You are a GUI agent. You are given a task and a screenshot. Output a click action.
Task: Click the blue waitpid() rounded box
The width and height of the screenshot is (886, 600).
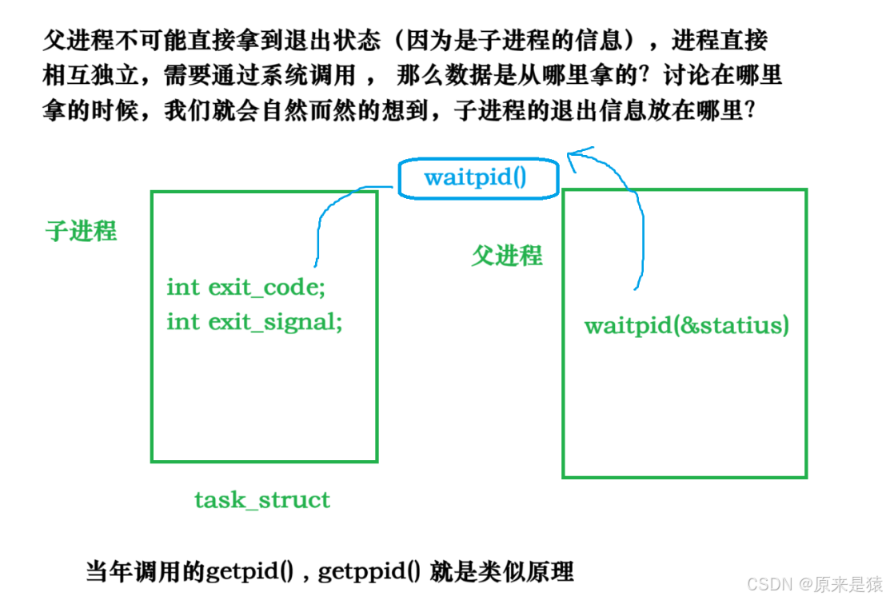[477, 177]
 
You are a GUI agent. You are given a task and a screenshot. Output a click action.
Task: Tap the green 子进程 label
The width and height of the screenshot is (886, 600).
[81, 232]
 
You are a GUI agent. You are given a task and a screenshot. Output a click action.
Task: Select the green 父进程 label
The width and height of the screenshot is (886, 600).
[507, 256]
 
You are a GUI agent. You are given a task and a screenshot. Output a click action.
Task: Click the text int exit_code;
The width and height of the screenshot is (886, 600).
[245, 288]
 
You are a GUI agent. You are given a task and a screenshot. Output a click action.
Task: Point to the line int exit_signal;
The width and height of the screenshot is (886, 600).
[254, 322]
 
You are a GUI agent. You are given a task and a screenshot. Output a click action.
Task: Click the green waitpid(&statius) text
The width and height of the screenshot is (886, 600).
[686, 326]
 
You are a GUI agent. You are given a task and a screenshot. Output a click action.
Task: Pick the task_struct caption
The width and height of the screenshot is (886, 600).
[262, 500]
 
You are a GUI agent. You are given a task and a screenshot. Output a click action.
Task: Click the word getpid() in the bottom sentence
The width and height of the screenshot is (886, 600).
[248, 572]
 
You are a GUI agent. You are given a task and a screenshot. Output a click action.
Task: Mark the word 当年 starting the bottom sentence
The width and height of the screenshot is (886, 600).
[106, 572]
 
